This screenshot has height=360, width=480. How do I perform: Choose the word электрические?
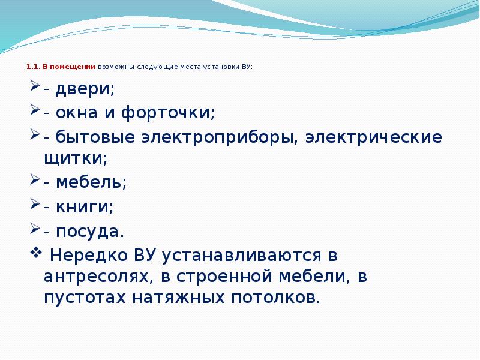click(374, 137)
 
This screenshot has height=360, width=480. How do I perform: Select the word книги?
click(84, 207)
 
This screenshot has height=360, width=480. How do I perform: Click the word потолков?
click(276, 298)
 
